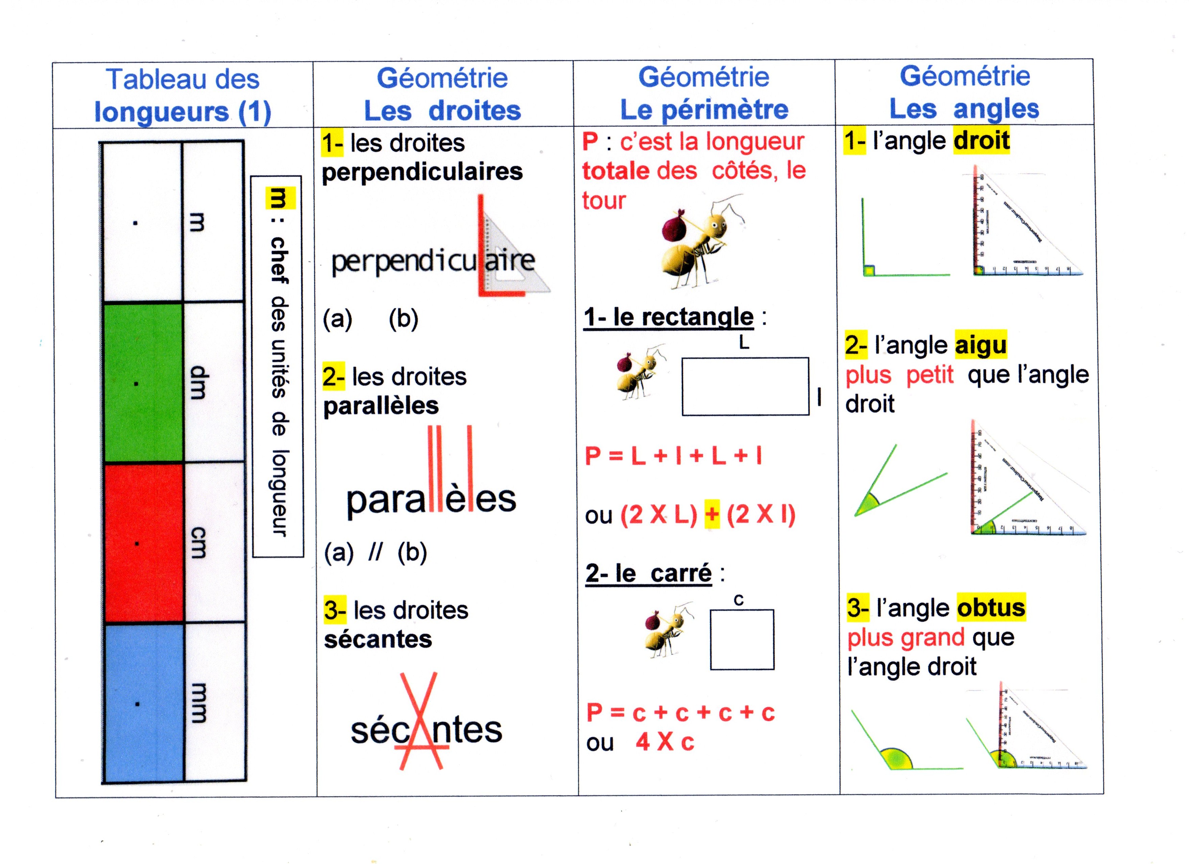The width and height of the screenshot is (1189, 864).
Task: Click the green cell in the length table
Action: (143, 383)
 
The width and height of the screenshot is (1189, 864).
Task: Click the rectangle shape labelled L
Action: (745, 386)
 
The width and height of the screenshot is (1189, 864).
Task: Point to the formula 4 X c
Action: (665, 742)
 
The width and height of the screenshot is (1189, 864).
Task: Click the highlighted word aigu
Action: (980, 345)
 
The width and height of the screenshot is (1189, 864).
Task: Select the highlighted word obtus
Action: (990, 608)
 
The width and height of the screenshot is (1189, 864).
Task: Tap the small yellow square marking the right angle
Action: (869, 270)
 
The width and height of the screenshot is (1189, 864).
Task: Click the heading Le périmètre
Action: (704, 109)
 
